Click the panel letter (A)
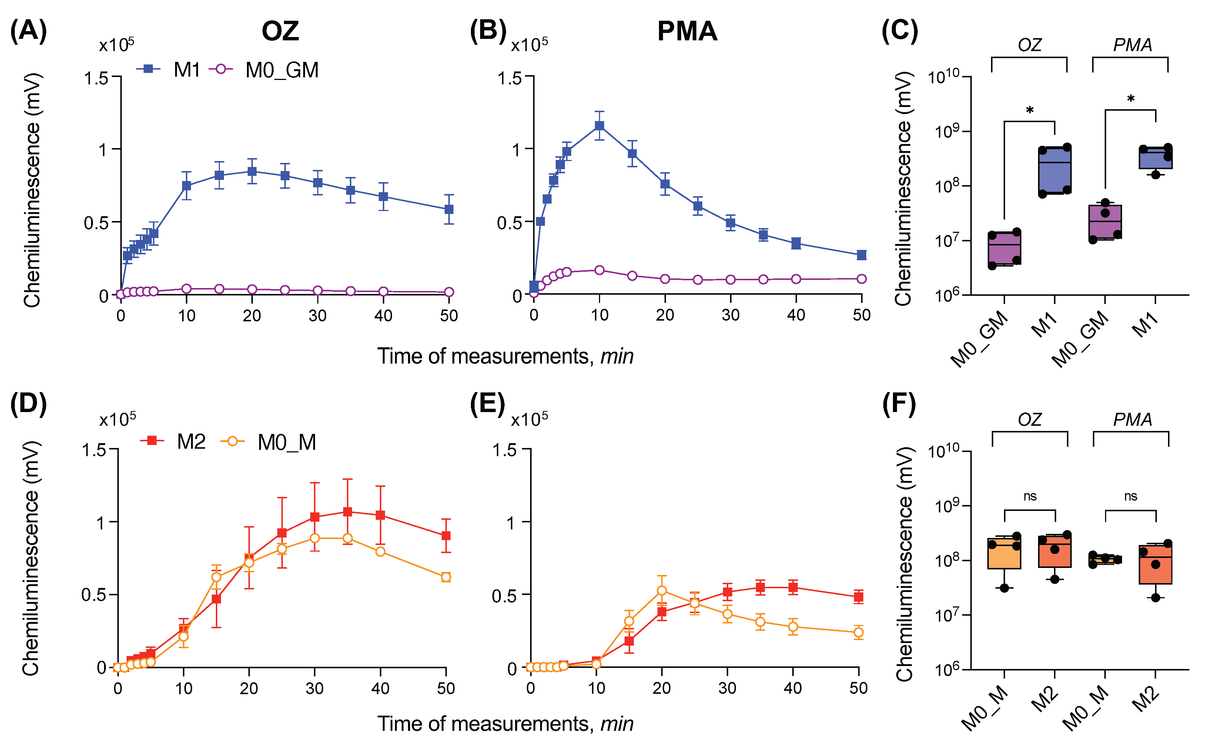coord(28,31)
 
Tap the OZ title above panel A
coord(280,31)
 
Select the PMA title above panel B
coord(687,31)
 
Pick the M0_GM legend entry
coord(264,70)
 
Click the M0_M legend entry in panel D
coord(268,442)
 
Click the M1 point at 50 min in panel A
coord(449,209)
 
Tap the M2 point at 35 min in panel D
coord(347,512)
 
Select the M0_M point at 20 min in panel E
coord(662,591)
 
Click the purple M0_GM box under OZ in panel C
coord(1004,248)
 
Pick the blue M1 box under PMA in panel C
coord(1155,158)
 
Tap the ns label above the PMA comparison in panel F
coord(1131,497)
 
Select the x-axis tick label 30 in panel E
coord(727,688)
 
